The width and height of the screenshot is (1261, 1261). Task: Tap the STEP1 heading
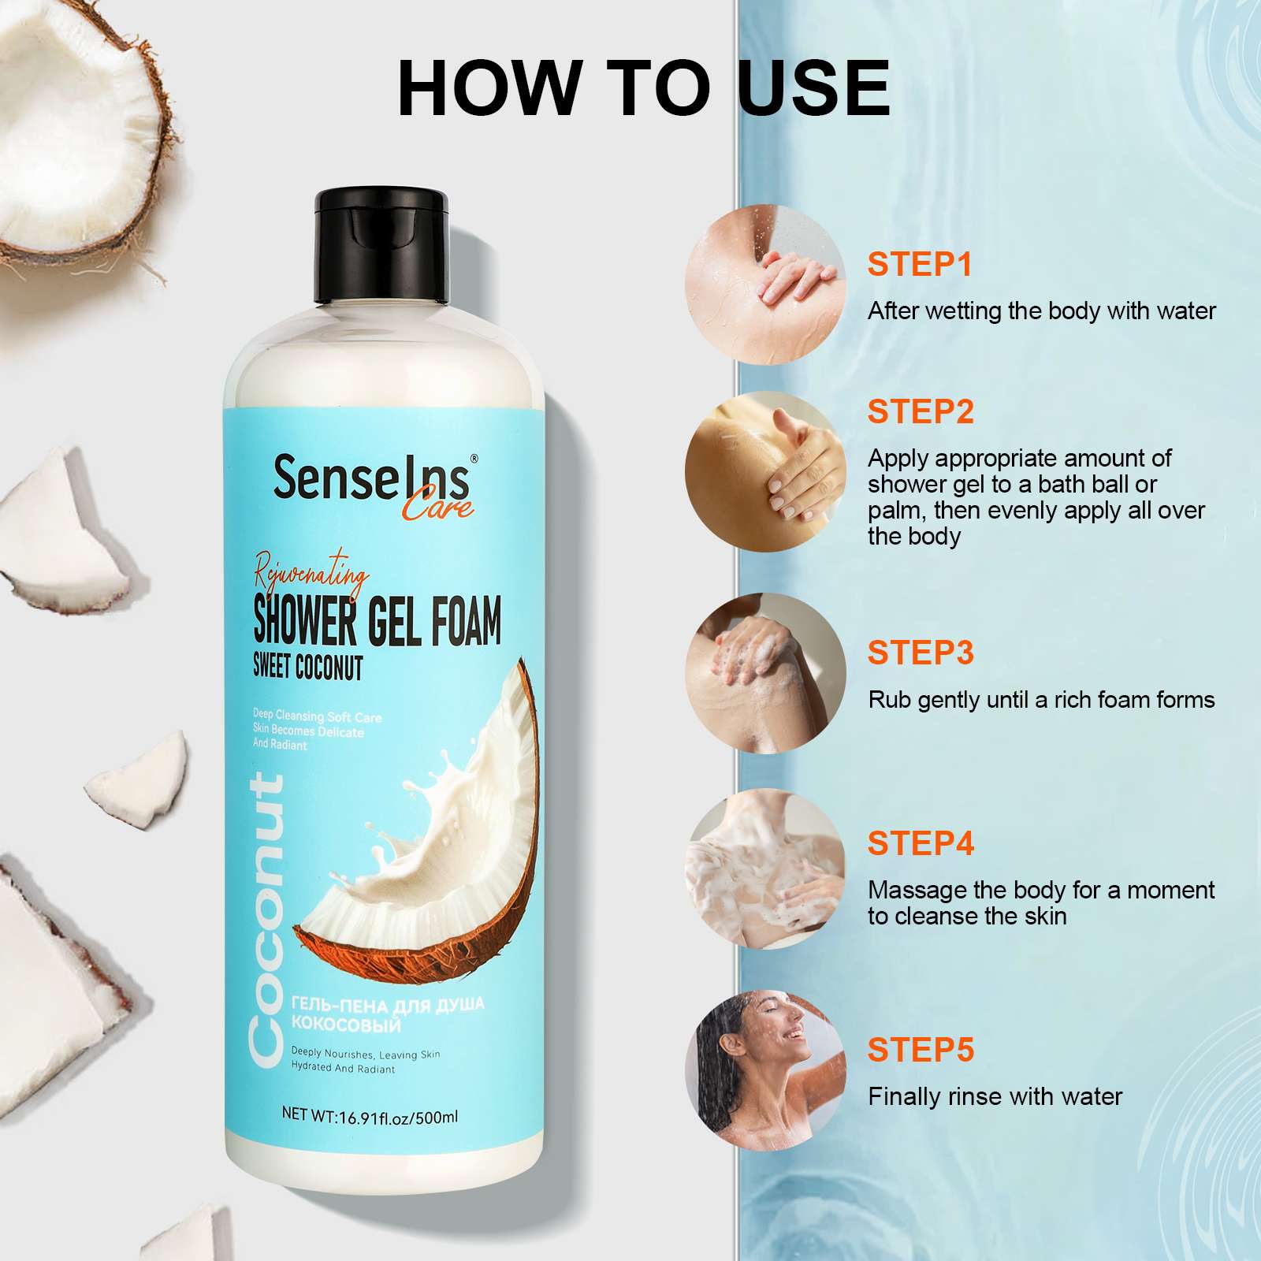[920, 265]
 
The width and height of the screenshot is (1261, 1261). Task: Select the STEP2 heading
[921, 411]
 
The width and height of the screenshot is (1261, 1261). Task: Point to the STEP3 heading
[921, 653]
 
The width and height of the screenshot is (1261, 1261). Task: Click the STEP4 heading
[921, 844]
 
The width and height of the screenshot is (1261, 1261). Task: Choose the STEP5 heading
[921, 1050]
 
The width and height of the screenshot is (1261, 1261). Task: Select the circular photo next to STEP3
[765, 673]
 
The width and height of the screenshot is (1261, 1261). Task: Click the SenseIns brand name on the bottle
[371, 477]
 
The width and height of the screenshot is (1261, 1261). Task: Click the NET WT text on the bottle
[370, 1116]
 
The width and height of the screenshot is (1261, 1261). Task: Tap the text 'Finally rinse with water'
[995, 1096]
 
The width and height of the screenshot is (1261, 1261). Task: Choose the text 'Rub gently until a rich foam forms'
[1041, 700]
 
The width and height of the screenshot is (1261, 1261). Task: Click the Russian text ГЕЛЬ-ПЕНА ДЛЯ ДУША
[388, 1005]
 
